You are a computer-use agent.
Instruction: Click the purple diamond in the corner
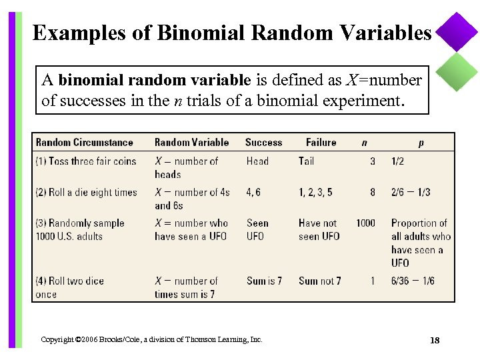pos(457,32)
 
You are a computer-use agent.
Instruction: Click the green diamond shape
pos(457,71)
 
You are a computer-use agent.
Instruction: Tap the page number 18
pos(435,341)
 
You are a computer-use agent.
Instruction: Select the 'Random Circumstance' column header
pos(84,142)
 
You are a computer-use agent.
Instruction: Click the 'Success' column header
pos(263,142)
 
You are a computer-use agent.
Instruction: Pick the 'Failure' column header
pos(321,142)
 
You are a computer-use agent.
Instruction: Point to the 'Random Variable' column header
pos(191,142)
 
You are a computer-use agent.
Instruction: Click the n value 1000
pos(365,223)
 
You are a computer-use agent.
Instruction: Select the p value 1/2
pos(397,161)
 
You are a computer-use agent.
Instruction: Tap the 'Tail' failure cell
pos(306,161)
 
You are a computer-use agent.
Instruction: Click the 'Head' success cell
pos(257,161)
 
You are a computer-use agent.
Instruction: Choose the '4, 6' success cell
pos(253,192)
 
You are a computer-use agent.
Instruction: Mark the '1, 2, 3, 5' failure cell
pos(315,192)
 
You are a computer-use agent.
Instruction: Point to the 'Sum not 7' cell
pos(319,281)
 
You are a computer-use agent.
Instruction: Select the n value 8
pos(373,192)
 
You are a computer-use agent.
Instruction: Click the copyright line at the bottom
pos(151,339)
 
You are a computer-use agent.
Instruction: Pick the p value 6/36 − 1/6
pos(413,281)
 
